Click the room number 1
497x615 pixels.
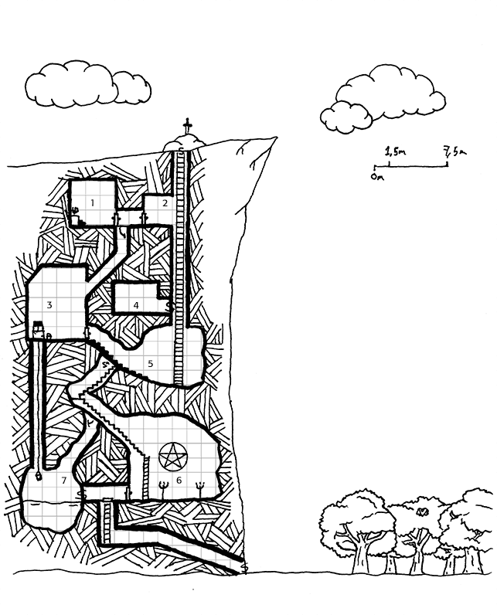[93, 202]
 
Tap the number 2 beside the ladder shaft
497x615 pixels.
[165, 202]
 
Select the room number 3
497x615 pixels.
[49, 304]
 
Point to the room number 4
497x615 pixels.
[136, 305]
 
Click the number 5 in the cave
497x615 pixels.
[151, 364]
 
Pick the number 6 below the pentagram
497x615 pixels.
[179, 480]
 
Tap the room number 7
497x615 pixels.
[64, 480]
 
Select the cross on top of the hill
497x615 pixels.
[188, 126]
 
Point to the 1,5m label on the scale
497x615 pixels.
[395, 151]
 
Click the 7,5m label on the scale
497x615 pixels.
[454, 151]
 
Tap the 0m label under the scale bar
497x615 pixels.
[378, 177]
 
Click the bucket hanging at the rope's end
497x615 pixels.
[39, 476]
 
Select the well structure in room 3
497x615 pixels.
[38, 329]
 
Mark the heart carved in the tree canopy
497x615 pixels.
[422, 511]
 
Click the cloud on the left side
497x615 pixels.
[87, 84]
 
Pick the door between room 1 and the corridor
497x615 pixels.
[116, 218]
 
